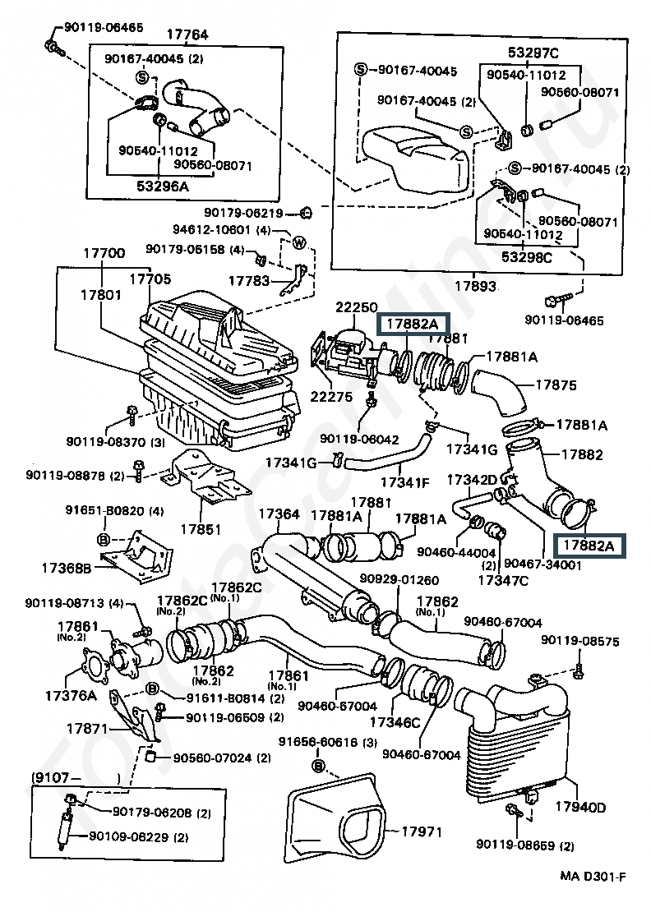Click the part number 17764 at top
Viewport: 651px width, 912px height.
click(x=187, y=35)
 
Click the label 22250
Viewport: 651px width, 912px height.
click(x=355, y=307)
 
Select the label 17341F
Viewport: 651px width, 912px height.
click(x=404, y=481)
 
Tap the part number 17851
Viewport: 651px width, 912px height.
click(x=200, y=529)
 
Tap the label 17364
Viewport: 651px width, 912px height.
click(x=279, y=514)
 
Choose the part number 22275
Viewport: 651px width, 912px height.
click(x=332, y=396)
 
